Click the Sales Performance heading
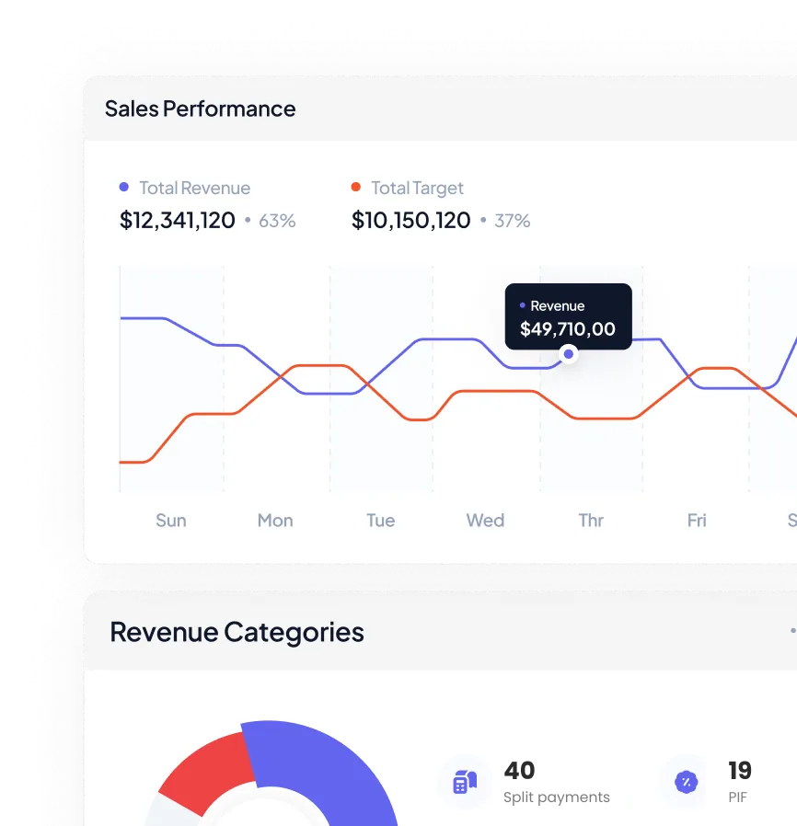pyautogui.click(x=201, y=109)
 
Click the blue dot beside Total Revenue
pyautogui.click(x=124, y=187)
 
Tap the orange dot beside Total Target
pyautogui.click(x=356, y=187)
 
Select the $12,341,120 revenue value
pyautogui.click(x=177, y=220)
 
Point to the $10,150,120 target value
pyautogui.click(x=410, y=220)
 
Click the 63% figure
pyautogui.click(x=277, y=221)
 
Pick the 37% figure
pyautogui.click(x=512, y=221)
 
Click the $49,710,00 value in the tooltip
pyautogui.click(x=568, y=329)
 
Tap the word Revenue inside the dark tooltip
pyautogui.click(x=558, y=306)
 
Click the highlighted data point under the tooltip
pyautogui.click(x=568, y=354)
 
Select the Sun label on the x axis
pyautogui.click(x=171, y=521)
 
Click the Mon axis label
pyautogui.click(x=275, y=521)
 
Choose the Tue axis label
pyautogui.click(x=381, y=521)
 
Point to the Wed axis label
pyautogui.click(x=485, y=521)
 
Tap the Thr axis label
pyautogui.click(x=591, y=521)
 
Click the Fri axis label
pyautogui.click(x=697, y=521)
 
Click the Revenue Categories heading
pyautogui.click(x=237, y=632)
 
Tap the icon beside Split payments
pyautogui.click(x=465, y=781)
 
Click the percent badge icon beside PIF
pyautogui.click(x=687, y=782)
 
